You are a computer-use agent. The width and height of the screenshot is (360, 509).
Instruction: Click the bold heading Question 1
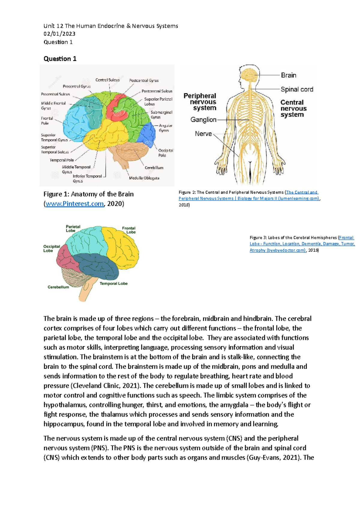pos(60,59)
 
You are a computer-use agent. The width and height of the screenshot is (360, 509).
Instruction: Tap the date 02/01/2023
pos(59,34)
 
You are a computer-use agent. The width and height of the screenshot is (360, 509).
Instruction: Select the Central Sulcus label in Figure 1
pos(107,80)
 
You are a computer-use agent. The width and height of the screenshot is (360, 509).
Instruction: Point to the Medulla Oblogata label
pos(144,178)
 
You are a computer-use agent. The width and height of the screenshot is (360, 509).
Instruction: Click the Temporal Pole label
pos(61,160)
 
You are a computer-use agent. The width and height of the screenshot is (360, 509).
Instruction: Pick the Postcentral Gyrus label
pos(144,80)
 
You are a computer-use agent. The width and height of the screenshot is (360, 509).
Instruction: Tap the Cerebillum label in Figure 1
pos(154,168)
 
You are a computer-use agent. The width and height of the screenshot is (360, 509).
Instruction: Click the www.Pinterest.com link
pos(74,204)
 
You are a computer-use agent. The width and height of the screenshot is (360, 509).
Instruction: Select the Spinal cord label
pos(297,89)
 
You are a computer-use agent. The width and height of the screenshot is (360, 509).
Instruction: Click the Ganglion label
pos(203,120)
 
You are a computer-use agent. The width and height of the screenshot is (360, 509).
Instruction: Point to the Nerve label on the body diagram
pos(203,134)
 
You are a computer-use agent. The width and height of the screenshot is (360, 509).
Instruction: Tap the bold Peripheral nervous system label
pos(200,102)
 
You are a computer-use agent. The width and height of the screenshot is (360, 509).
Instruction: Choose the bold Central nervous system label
pos(293,109)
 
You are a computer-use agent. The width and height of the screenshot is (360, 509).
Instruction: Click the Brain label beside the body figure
pos(288,75)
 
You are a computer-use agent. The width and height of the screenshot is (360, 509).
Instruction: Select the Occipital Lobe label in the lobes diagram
pos(51,249)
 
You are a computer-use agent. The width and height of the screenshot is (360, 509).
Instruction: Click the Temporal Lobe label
pos(113,284)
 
